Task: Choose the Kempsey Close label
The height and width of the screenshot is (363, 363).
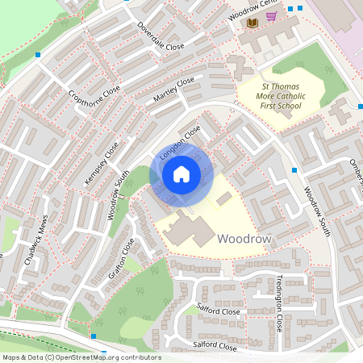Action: click(x=102, y=164)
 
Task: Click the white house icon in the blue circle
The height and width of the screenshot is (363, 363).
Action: click(x=181, y=174)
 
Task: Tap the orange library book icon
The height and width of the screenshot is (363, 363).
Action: click(x=252, y=23)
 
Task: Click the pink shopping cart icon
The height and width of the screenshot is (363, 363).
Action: click(x=272, y=16)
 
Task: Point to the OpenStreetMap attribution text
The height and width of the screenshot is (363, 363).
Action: click(x=81, y=357)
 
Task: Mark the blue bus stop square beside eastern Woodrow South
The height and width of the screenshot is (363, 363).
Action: click(x=294, y=170)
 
